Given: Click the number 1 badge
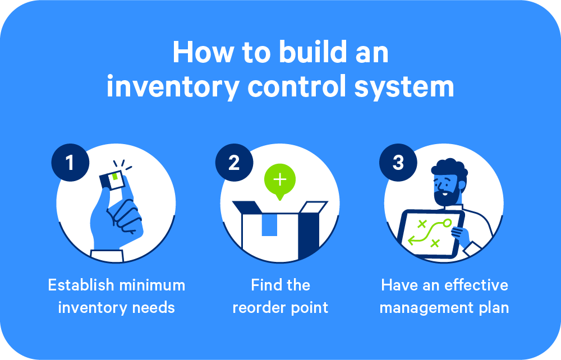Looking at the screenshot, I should (70, 163).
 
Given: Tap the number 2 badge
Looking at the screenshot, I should (234, 163).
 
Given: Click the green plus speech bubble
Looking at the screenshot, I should (280, 180).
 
